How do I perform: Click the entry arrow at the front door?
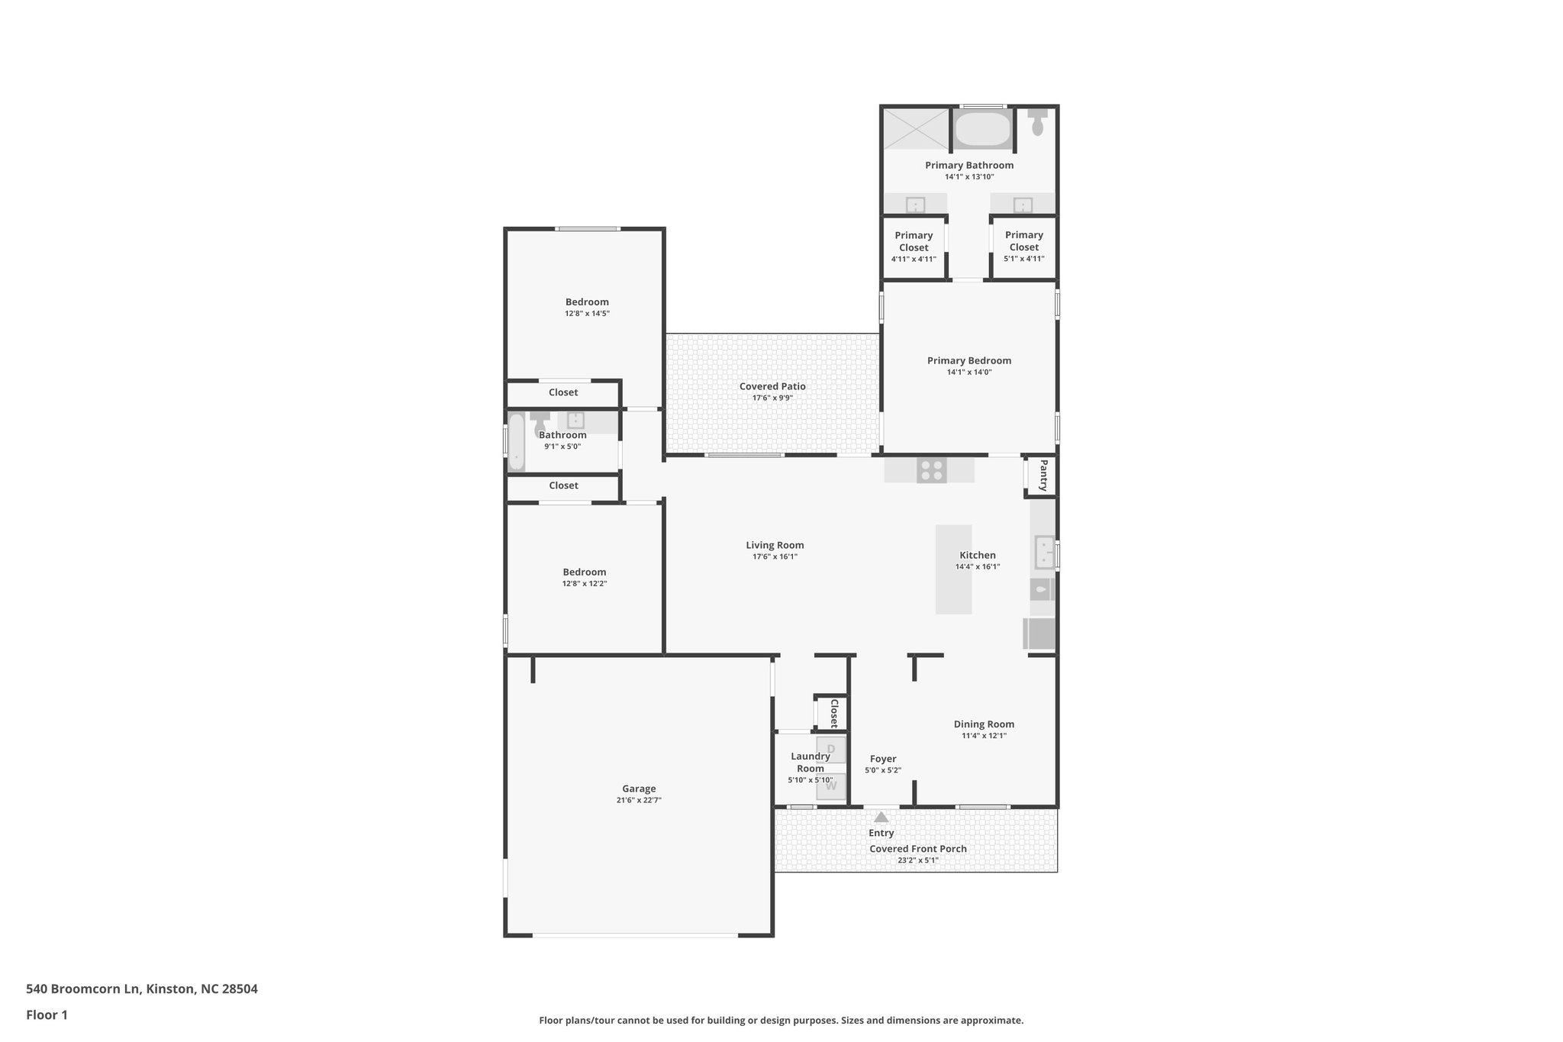click(x=881, y=817)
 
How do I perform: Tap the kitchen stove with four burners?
click(x=931, y=470)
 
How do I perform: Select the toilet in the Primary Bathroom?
click(x=1037, y=123)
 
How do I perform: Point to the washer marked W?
click(x=831, y=786)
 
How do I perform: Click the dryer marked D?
click(x=831, y=749)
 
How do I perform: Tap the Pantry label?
click(x=1043, y=475)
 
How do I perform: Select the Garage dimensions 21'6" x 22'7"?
click(x=639, y=800)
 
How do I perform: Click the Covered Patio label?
click(x=772, y=386)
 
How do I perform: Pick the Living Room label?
click(x=775, y=545)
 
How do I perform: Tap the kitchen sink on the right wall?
click(x=1043, y=552)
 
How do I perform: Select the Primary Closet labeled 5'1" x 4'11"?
click(x=1023, y=247)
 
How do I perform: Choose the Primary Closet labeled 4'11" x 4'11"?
click(x=914, y=247)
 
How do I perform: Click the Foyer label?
click(x=883, y=759)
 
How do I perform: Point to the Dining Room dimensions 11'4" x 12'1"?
click(x=984, y=736)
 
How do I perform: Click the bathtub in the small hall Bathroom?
click(x=517, y=441)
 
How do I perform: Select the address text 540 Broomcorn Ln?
click(x=84, y=989)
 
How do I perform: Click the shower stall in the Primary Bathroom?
click(x=916, y=129)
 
